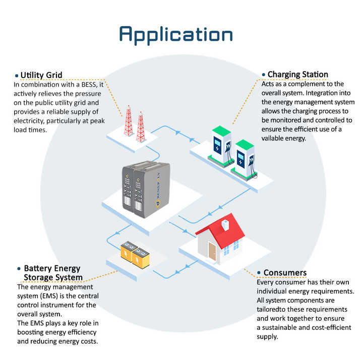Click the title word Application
(176, 34)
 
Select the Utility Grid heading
(41, 76)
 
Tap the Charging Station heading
(297, 75)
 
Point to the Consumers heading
(285, 272)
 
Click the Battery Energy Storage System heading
(52, 273)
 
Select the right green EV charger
(245, 157)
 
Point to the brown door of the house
(212, 252)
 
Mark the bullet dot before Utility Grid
(17, 76)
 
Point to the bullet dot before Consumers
(259, 273)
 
